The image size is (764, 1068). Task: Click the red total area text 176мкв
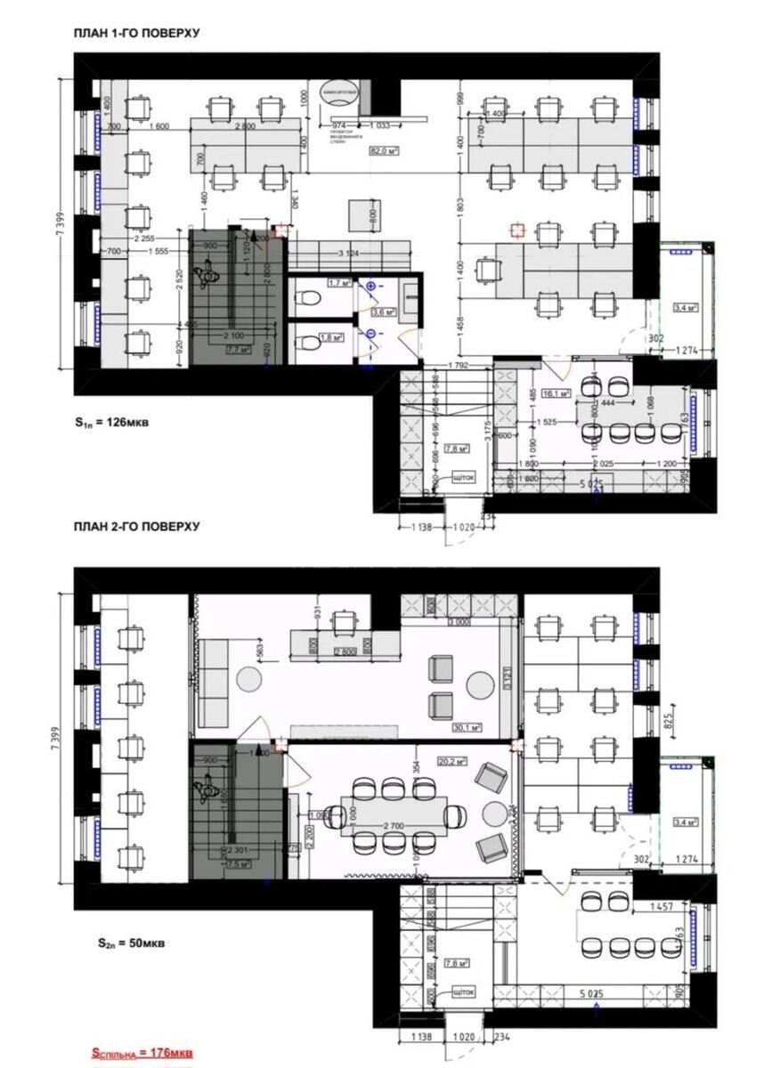coord(142,1053)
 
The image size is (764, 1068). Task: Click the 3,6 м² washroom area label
coord(383,312)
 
